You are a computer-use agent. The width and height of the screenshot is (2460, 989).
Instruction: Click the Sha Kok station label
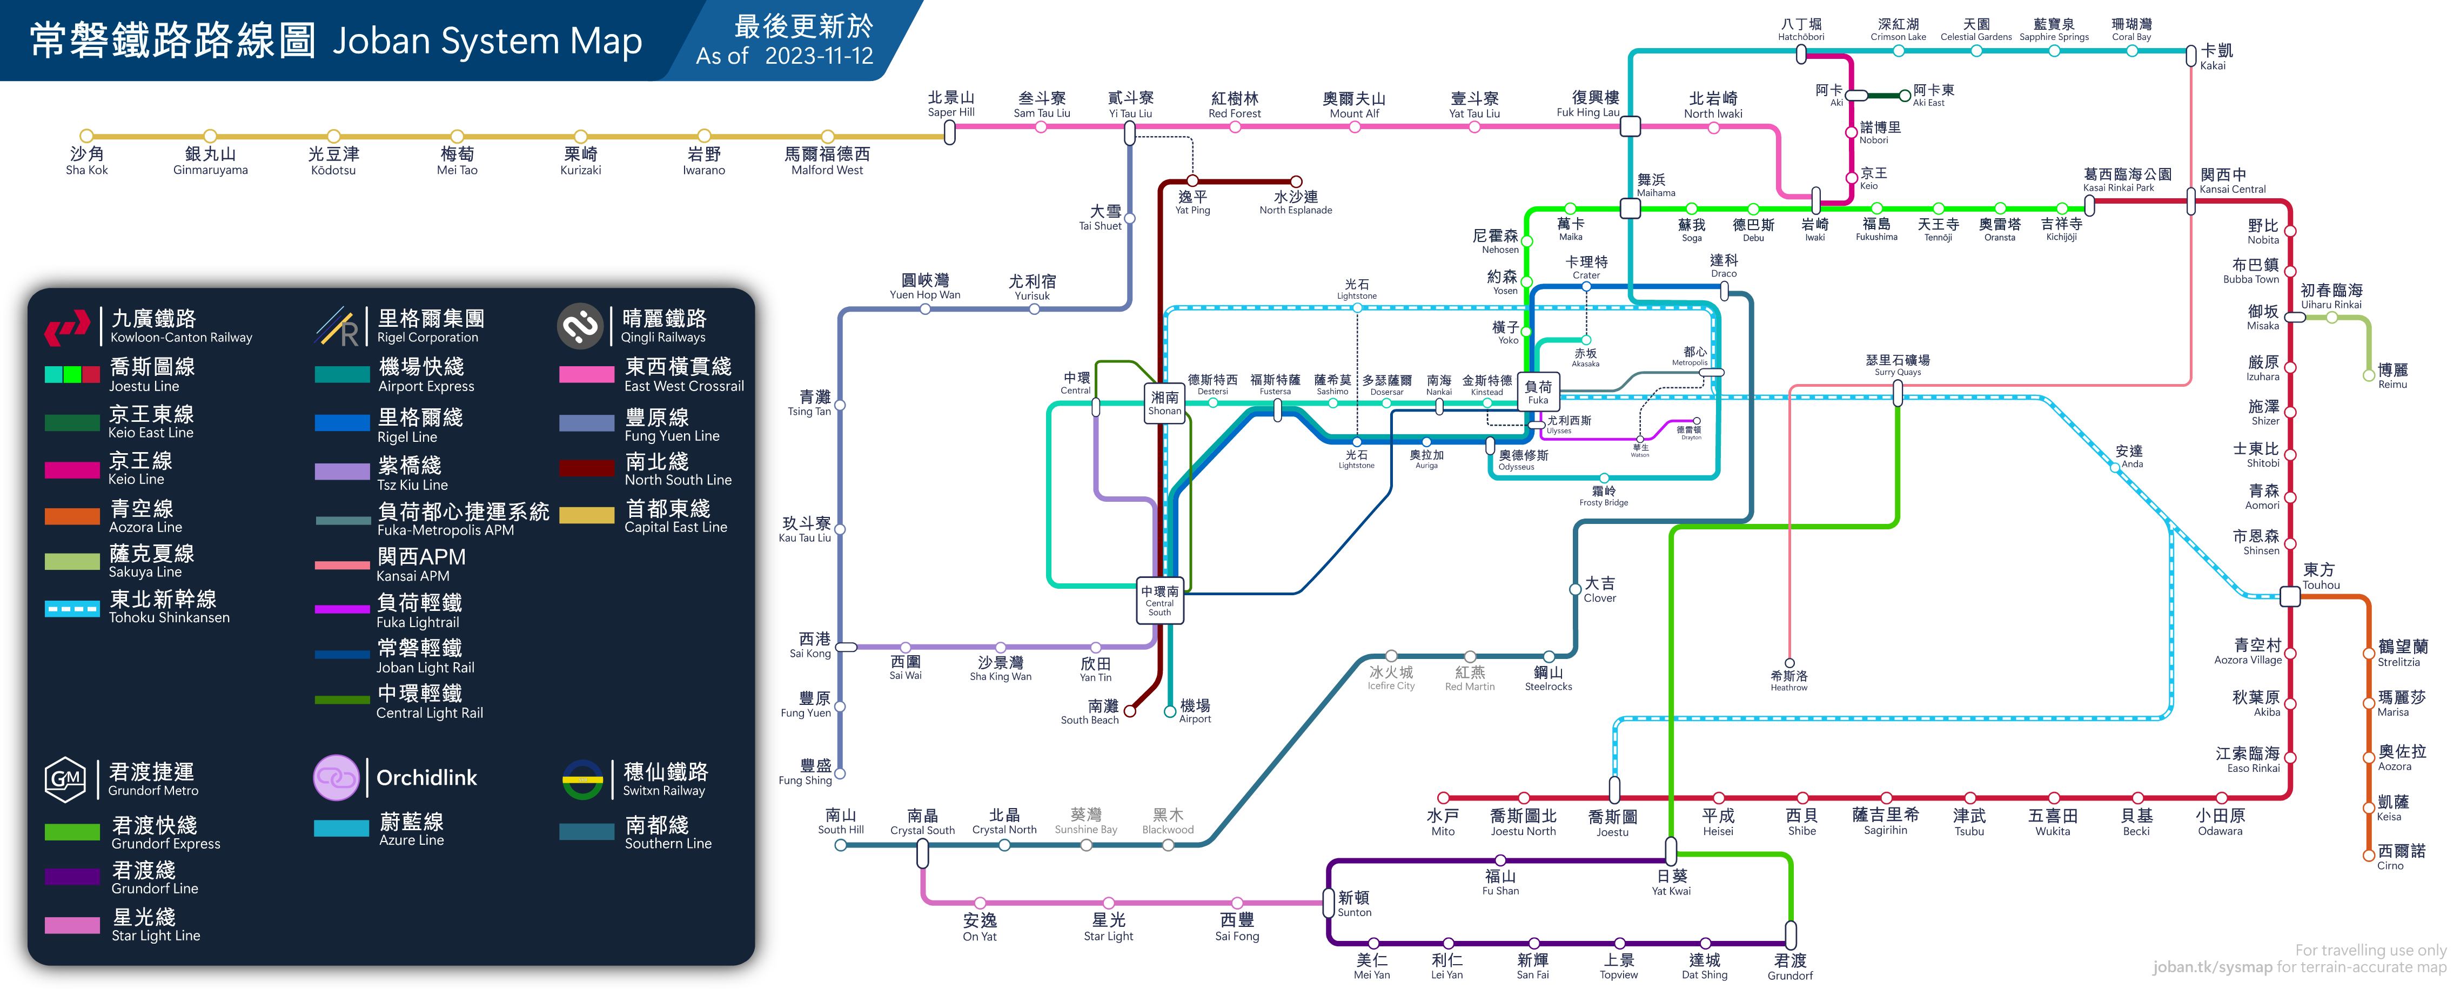[x=87, y=160]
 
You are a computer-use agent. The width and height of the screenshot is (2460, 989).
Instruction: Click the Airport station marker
[x=1170, y=711]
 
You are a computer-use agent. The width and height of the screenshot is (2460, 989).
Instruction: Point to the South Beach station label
[x=1090, y=712]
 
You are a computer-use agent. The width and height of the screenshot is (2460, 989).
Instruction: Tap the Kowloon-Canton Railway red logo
[x=67, y=327]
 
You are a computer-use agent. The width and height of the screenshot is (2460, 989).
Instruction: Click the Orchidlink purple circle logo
[x=336, y=778]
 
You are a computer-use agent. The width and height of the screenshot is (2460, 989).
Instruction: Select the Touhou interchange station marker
[x=2290, y=597]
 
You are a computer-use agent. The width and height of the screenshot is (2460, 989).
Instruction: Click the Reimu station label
[x=2392, y=375]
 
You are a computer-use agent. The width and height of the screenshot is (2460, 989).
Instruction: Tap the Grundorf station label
[x=1789, y=966]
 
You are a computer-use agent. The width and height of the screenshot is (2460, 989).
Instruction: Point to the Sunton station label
[x=1354, y=903]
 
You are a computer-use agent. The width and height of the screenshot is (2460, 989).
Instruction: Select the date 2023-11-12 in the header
[x=819, y=56]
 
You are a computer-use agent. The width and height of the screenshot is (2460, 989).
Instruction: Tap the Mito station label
[x=1443, y=822]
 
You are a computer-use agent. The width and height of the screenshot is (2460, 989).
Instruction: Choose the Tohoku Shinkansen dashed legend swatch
[x=72, y=608]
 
